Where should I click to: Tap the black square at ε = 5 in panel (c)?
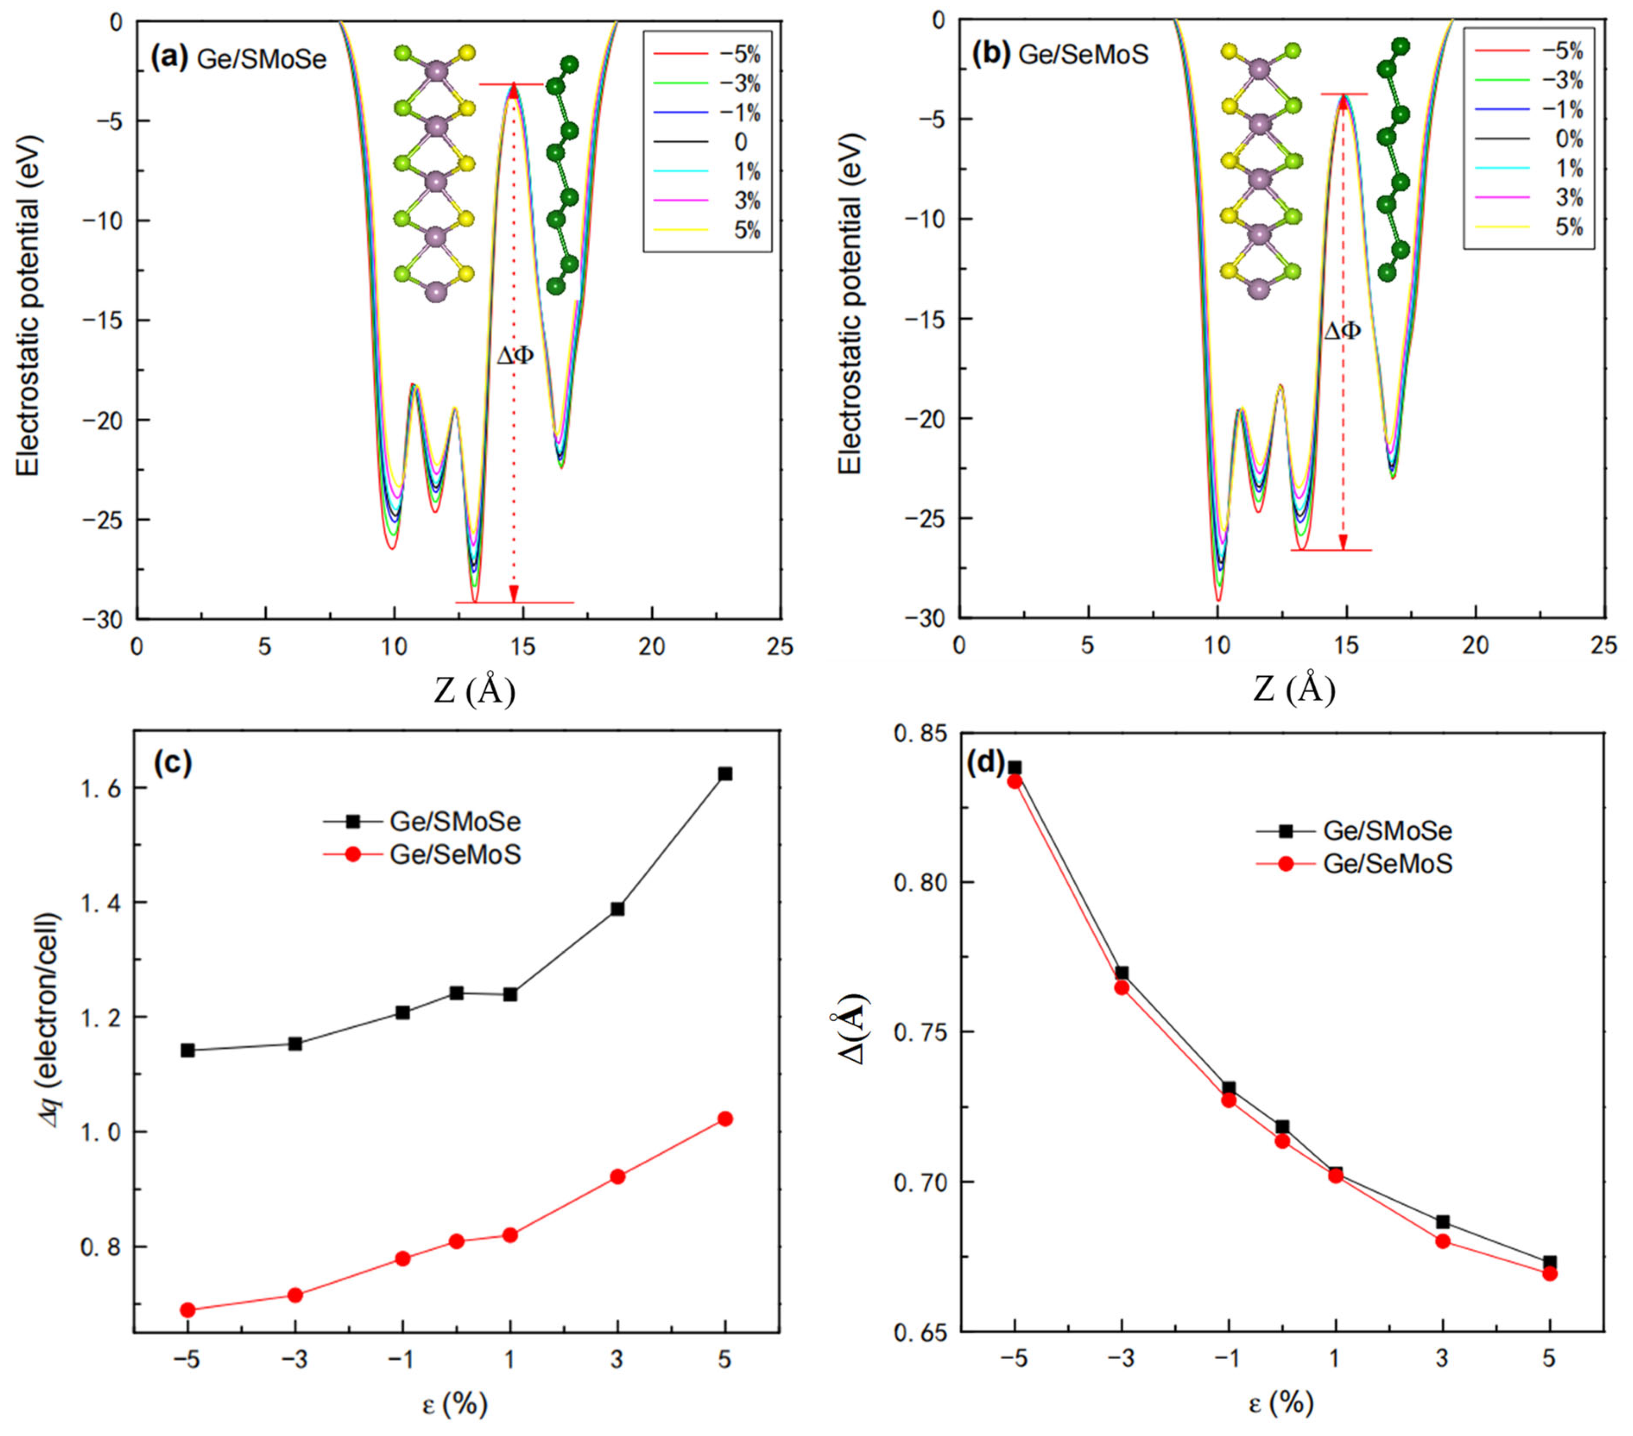(x=725, y=774)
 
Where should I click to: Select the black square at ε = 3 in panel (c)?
(x=617, y=908)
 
